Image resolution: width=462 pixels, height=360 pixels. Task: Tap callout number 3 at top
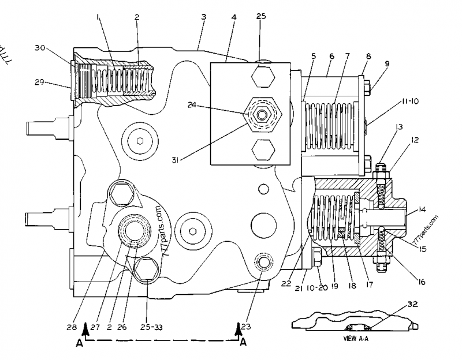[203, 17]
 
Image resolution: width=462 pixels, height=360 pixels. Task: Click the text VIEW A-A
[356, 338]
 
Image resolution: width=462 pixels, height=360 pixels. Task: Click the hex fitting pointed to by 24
[263, 115]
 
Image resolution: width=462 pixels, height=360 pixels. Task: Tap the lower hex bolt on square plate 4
[263, 152]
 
